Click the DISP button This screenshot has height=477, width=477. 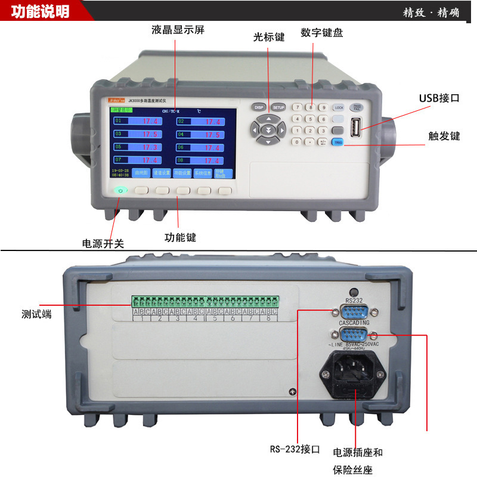click(x=258, y=107)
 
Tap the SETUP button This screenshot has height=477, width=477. click(x=278, y=107)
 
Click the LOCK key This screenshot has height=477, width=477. click(x=339, y=108)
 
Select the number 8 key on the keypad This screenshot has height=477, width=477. click(x=309, y=108)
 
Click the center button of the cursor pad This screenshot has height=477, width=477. click(x=268, y=129)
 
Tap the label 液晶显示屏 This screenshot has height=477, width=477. click(x=178, y=30)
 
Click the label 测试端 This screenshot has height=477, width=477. click(x=36, y=314)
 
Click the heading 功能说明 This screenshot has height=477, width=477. click(x=40, y=12)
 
